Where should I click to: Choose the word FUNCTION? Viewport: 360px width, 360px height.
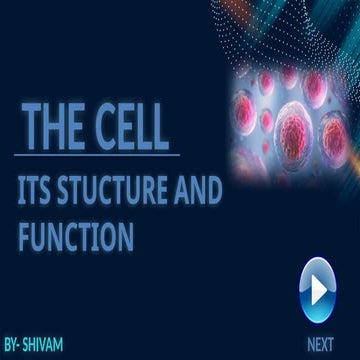point(75,238)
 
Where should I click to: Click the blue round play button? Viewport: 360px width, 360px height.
point(318,288)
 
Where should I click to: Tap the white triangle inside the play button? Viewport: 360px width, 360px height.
point(319,288)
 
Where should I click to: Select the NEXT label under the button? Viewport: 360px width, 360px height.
point(320,344)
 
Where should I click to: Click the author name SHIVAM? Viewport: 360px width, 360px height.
point(44,345)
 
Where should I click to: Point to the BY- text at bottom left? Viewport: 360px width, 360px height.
point(12,345)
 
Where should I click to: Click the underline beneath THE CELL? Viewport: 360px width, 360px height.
point(100,155)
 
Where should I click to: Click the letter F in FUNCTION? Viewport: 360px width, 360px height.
point(25,238)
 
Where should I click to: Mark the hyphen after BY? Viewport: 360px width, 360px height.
point(21,346)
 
